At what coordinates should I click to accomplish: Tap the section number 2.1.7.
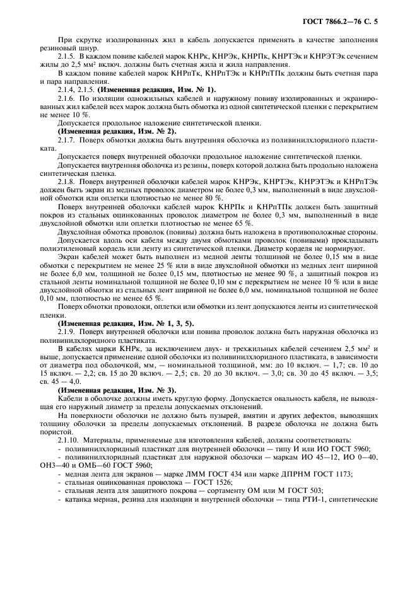[67, 139]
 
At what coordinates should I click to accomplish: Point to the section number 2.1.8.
[67, 180]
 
